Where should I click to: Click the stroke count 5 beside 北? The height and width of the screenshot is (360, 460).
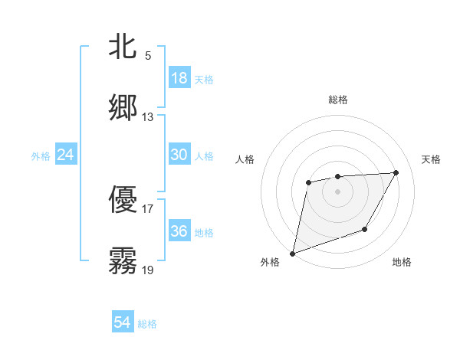coord(148,56)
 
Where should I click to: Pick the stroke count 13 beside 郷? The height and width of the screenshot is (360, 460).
coord(148,117)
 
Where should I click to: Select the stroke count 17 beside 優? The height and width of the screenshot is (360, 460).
coord(148,208)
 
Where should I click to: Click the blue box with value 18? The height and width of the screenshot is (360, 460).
coord(179,78)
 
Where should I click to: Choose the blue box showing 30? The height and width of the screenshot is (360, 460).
coord(179,155)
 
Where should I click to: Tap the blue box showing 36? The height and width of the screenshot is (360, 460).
coord(179,231)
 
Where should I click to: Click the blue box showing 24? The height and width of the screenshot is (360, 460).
coord(66,155)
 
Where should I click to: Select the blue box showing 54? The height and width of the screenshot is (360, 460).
coord(123,322)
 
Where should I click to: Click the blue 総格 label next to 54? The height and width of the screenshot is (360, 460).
coord(147,324)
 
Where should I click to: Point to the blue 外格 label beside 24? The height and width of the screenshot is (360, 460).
coord(41,156)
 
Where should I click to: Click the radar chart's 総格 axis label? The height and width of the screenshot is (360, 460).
coord(338,100)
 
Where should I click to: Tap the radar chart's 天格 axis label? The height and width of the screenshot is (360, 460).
coord(432,159)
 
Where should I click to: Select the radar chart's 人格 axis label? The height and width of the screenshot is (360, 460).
coord(245,159)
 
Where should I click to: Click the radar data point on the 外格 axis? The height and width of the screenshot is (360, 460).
coord(292,253)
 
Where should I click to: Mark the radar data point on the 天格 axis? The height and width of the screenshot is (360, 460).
coord(396,172)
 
